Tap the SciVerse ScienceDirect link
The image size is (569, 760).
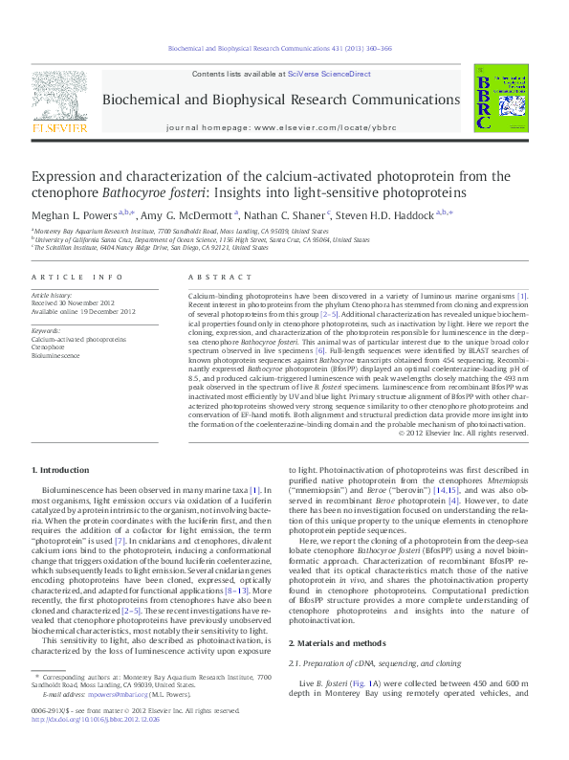pos(337,74)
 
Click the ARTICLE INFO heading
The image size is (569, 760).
pos(77,277)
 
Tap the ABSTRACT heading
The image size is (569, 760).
pos(211,277)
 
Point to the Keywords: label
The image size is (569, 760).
pos(45,330)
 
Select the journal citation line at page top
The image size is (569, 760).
pos(284,46)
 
